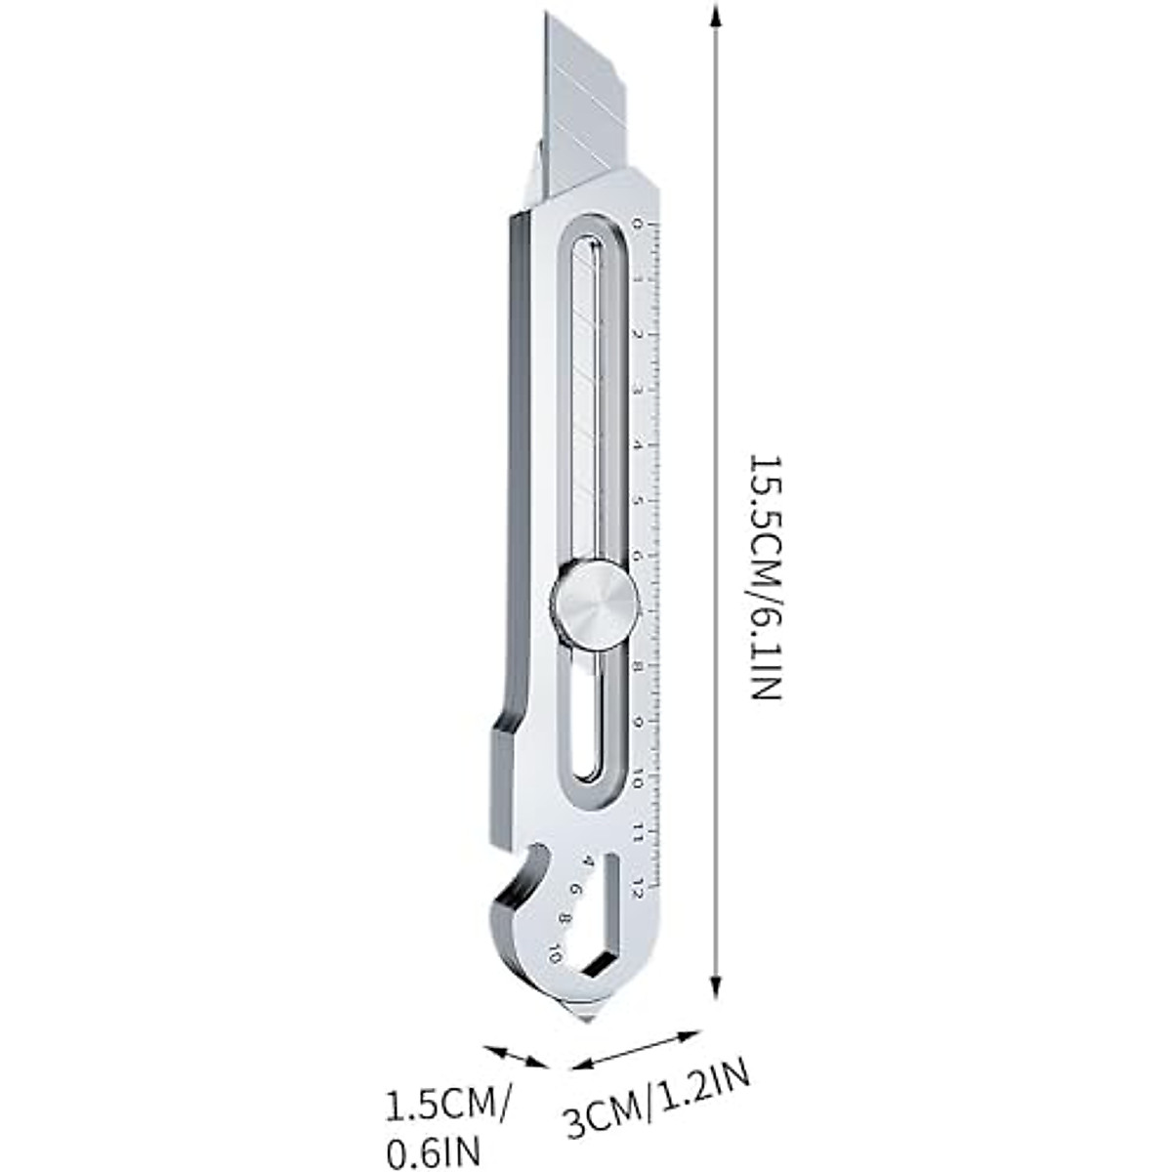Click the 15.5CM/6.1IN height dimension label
coord(765,576)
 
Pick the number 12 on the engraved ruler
coord(638,887)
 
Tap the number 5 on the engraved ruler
coord(638,501)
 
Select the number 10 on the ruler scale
coord(637,778)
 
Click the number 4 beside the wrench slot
coord(587,861)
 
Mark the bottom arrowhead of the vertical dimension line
coord(718,994)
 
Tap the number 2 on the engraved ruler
coord(638,334)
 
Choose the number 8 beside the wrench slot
coord(565,919)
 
